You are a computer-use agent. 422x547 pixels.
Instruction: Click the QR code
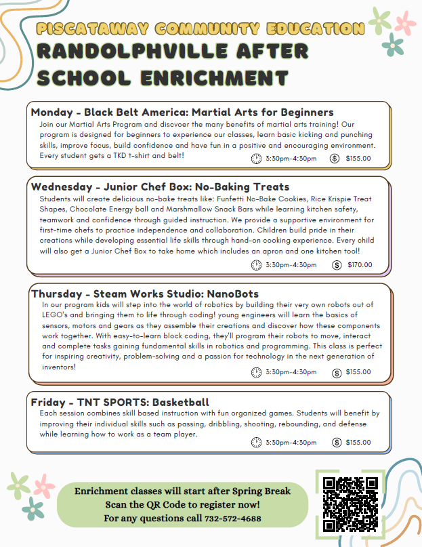click(x=350, y=504)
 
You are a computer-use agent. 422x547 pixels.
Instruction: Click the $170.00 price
click(x=359, y=264)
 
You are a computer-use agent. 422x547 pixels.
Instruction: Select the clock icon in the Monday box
click(x=256, y=159)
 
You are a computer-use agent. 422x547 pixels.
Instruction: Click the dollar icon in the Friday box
click(x=335, y=443)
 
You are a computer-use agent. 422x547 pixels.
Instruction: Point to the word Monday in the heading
click(x=53, y=112)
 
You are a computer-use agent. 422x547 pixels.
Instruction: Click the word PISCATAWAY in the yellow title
click(x=82, y=28)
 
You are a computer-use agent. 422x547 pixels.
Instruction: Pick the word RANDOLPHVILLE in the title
click(x=115, y=52)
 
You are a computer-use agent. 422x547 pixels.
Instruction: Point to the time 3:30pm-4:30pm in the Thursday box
click(x=291, y=372)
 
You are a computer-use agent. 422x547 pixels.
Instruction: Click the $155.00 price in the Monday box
click(x=358, y=159)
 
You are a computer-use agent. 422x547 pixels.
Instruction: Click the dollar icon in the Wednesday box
click(x=336, y=264)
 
